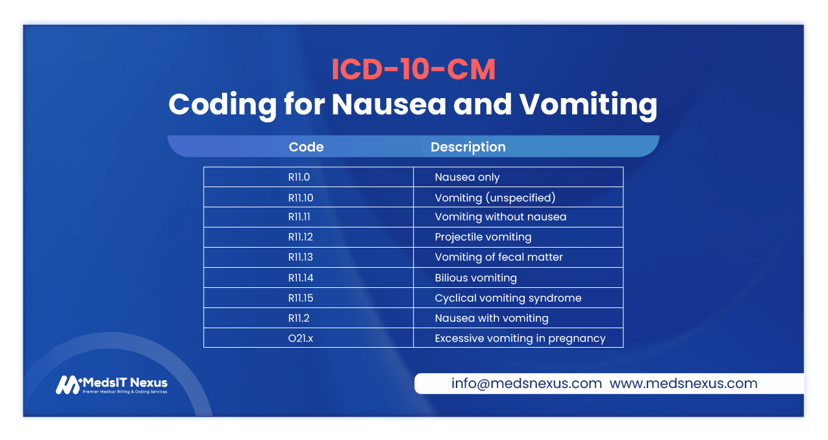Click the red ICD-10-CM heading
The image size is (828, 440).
413,70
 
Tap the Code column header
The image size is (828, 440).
306,147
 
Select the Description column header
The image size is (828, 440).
468,147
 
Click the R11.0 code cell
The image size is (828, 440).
301,177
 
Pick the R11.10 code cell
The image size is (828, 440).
301,197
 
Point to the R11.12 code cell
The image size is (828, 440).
301,237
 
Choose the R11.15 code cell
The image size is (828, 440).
301,298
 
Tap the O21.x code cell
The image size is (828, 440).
301,339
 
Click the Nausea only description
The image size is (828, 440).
467,177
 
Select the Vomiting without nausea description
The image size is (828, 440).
500,217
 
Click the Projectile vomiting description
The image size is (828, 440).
483,237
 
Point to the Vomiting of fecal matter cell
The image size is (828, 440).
498,257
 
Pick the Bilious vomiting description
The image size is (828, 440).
475,278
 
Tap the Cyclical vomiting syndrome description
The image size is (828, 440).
508,298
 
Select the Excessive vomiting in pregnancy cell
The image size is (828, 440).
520,339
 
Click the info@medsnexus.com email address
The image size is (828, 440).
526,383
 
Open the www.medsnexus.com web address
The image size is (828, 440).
683,383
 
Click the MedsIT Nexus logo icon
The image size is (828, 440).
67,385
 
